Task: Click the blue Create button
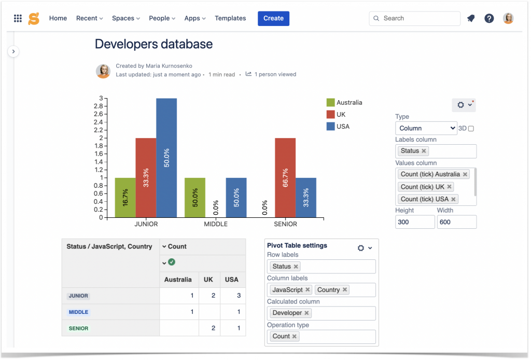click(x=273, y=18)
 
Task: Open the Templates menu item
click(x=230, y=18)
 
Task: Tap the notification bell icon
click(x=471, y=18)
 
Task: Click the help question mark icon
click(x=489, y=18)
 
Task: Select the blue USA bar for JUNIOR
click(x=166, y=158)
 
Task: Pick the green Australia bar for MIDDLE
click(x=195, y=198)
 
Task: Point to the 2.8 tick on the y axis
click(x=98, y=106)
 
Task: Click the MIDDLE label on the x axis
click(x=215, y=224)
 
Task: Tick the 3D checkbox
click(x=471, y=129)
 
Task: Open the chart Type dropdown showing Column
click(x=426, y=128)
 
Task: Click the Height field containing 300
click(x=415, y=222)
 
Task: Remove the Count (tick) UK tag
click(x=449, y=187)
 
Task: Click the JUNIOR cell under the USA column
click(x=231, y=296)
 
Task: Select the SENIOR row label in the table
click(x=79, y=328)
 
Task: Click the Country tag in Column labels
click(x=329, y=290)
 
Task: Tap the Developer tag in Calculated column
click(x=287, y=313)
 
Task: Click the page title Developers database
click(x=153, y=44)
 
